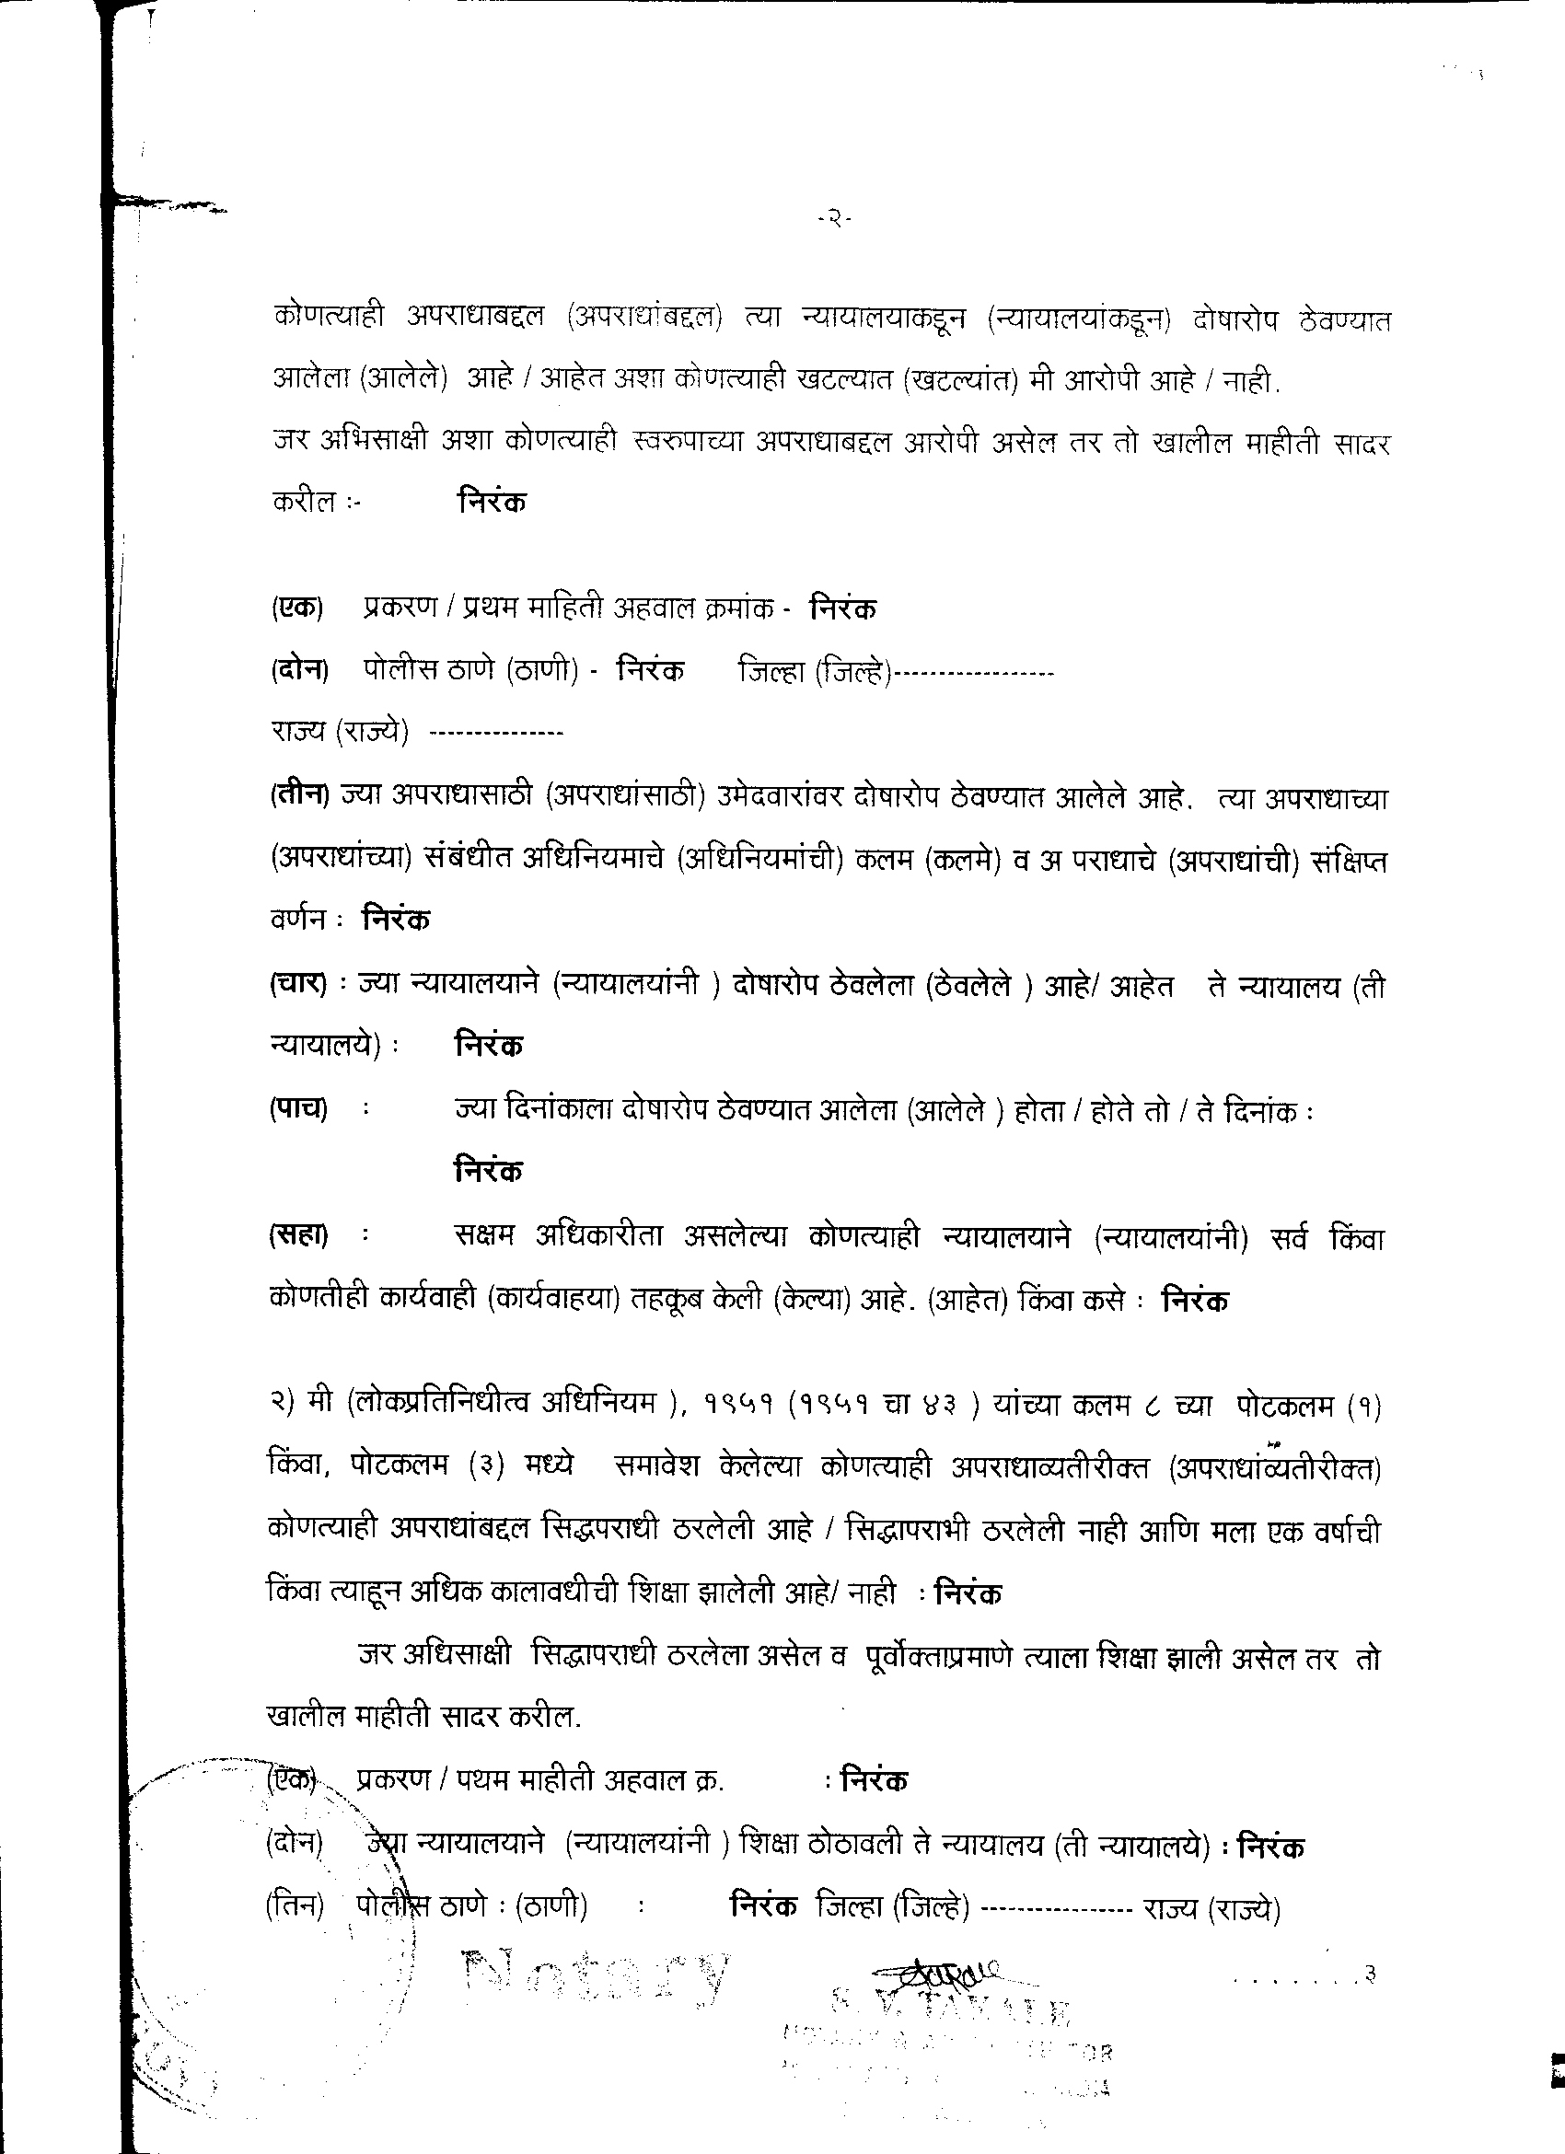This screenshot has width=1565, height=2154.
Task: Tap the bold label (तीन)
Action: tap(298, 799)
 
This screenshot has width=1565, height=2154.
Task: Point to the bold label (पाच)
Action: tap(298, 1108)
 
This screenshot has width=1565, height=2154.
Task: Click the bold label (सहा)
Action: tap(298, 1235)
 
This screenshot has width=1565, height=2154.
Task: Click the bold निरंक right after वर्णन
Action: tap(396, 920)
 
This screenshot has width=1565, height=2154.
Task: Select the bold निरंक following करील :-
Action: tap(491, 501)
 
